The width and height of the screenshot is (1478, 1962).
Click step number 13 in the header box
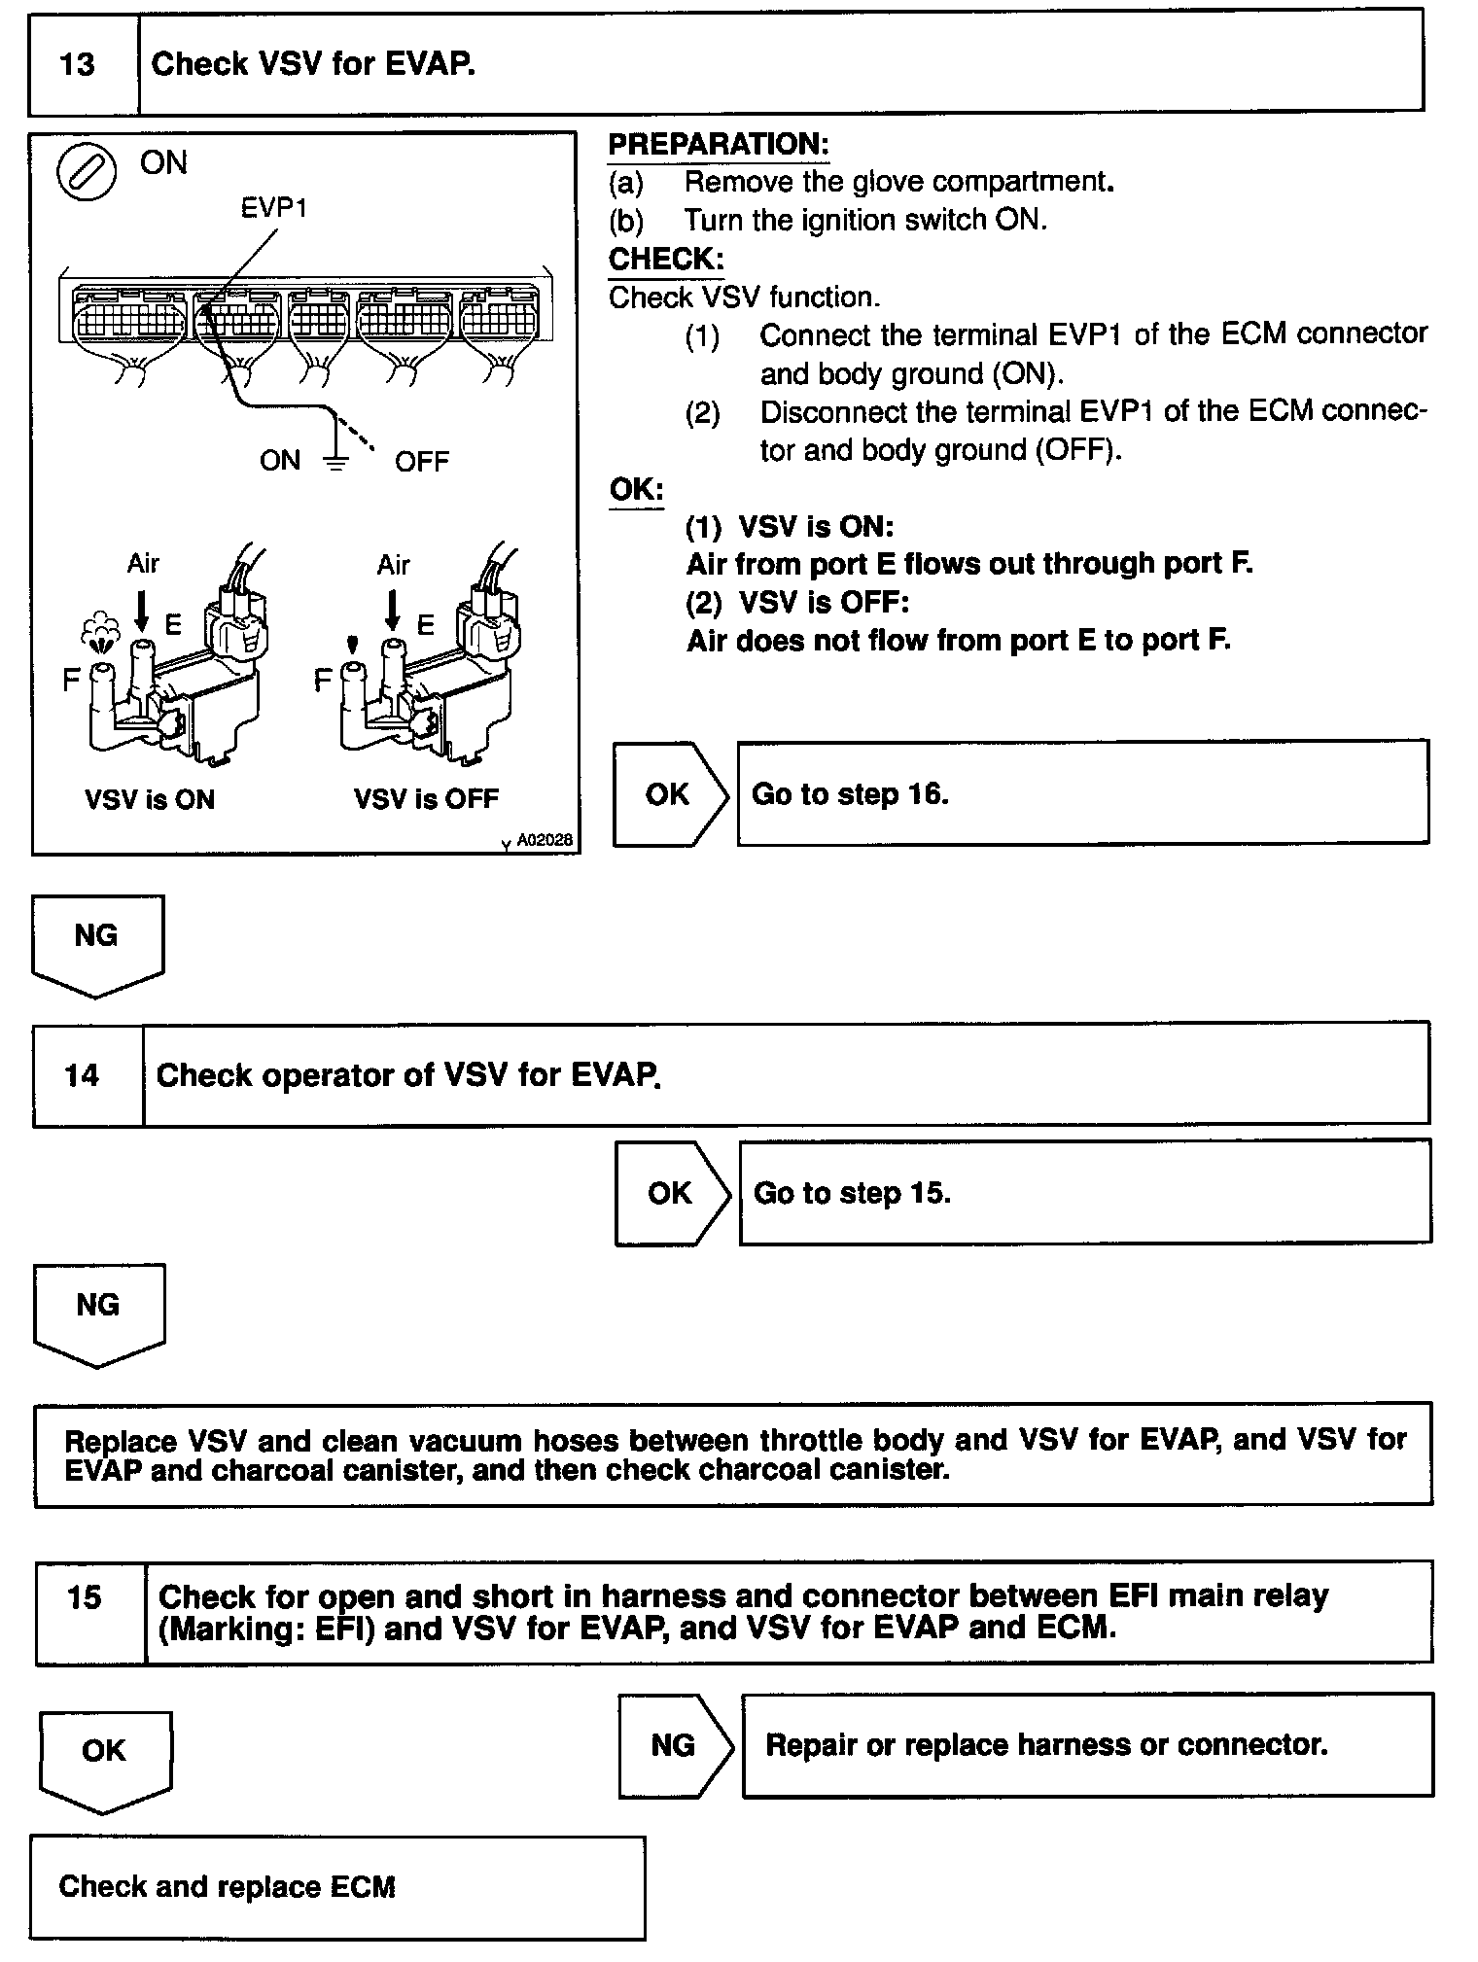(x=78, y=65)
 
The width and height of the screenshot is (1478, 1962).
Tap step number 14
(x=82, y=1075)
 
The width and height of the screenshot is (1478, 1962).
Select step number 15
(x=85, y=1597)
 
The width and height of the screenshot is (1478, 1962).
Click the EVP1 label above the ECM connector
(x=274, y=207)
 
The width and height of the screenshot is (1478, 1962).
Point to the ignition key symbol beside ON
(x=87, y=173)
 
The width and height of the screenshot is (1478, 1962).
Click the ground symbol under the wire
(x=335, y=462)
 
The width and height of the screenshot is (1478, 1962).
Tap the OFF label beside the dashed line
(x=422, y=462)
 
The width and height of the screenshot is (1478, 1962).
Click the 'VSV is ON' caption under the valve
(x=150, y=800)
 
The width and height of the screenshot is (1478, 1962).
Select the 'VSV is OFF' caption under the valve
(x=426, y=800)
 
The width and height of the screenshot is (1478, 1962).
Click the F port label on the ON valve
(x=71, y=680)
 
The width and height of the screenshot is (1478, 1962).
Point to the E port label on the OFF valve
(x=425, y=625)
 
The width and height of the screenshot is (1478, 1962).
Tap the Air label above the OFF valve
(x=394, y=565)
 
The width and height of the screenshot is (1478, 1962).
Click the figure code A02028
(x=544, y=841)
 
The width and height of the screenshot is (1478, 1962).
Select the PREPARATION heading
(x=719, y=145)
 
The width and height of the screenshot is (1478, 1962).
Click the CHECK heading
(x=666, y=260)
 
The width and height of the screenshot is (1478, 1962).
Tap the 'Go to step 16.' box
(x=1082, y=793)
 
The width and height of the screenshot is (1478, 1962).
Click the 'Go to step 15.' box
(x=1084, y=1193)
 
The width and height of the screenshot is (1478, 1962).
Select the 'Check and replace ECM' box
(x=336, y=1887)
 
